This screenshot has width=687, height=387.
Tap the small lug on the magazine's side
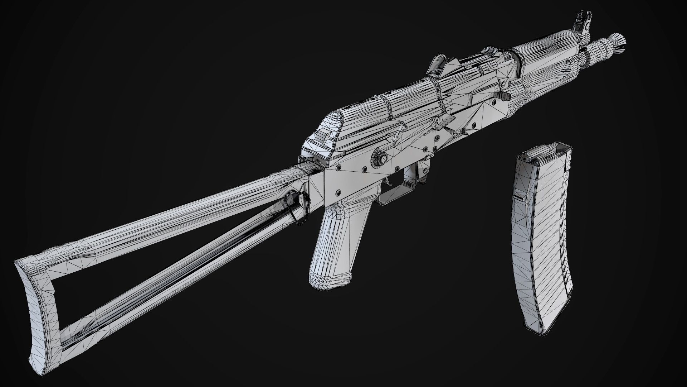[x=517, y=197]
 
